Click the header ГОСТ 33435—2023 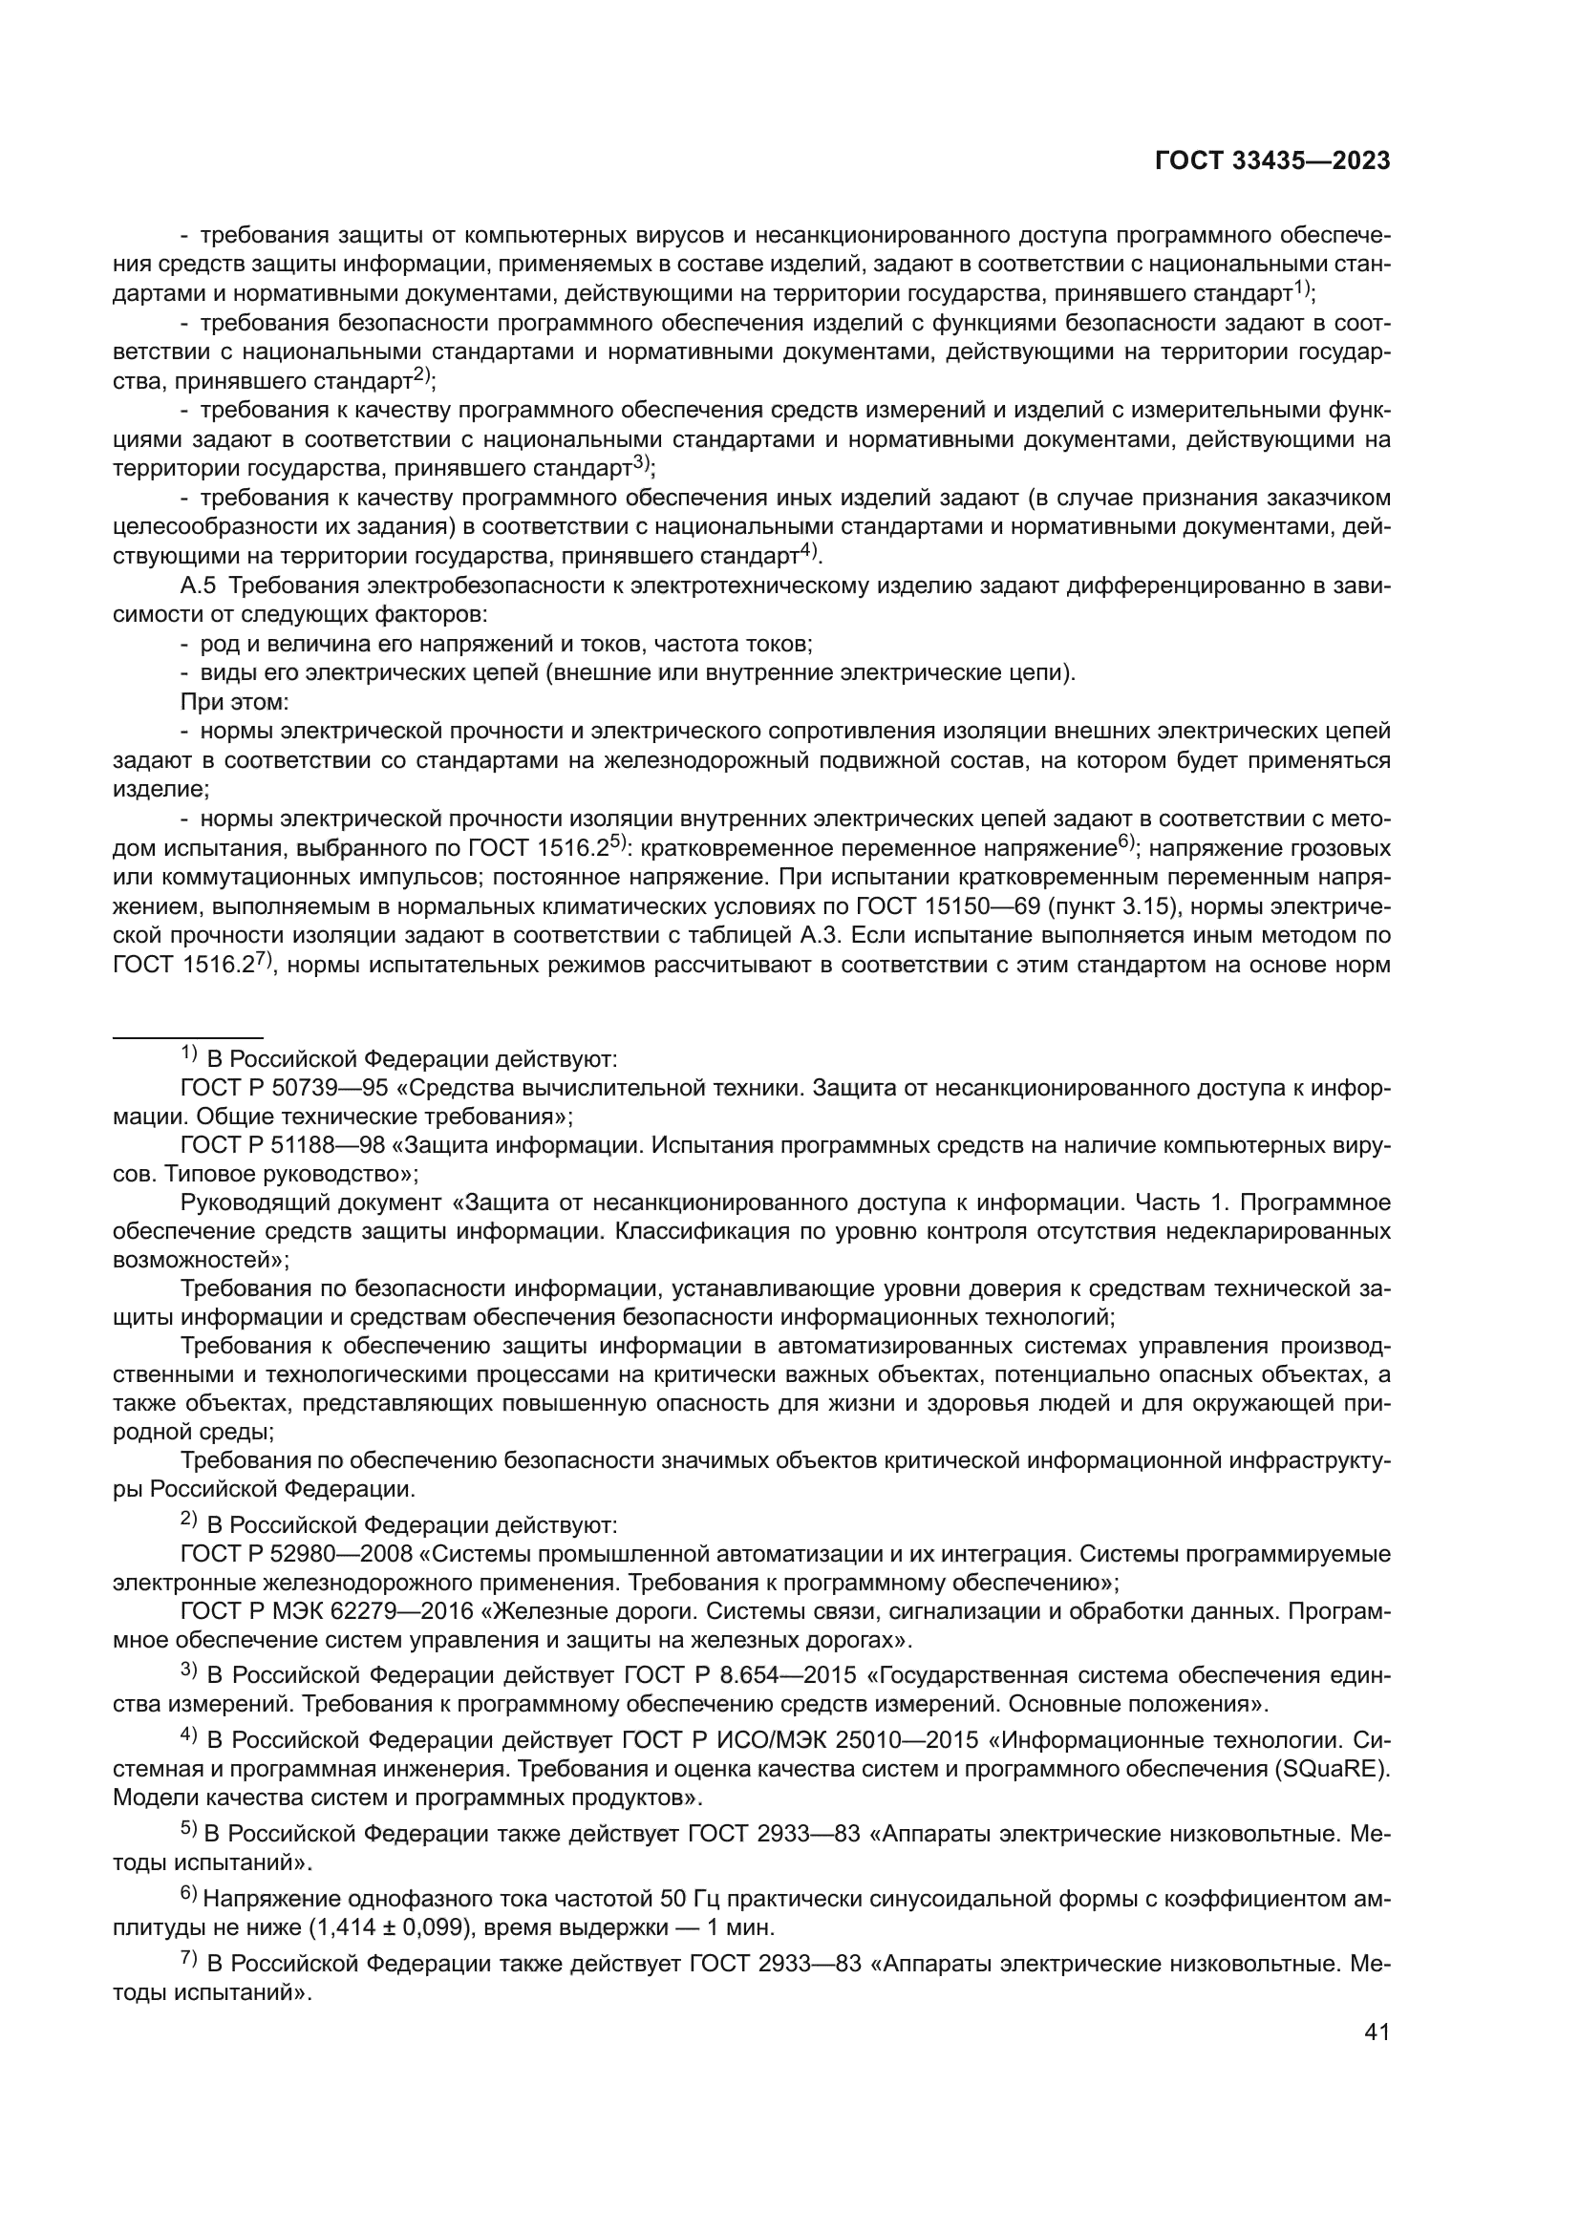tap(1271, 161)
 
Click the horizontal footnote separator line tap(188, 1038)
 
